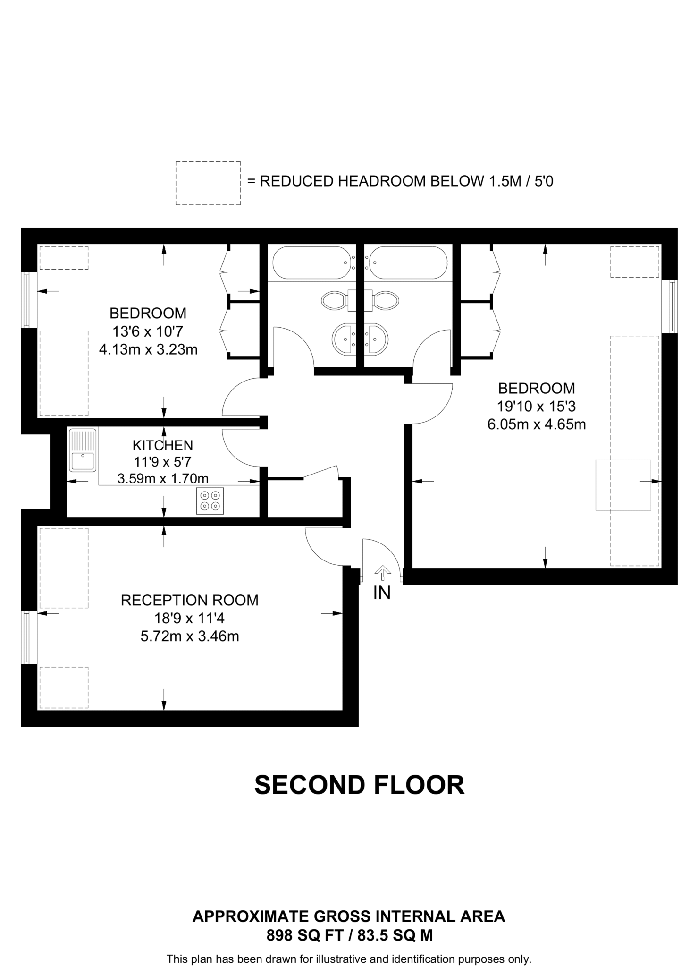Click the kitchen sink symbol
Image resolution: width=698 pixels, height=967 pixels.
point(83,450)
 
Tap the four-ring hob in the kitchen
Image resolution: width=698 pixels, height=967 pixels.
point(210,501)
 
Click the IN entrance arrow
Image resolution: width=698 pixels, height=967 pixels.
point(382,573)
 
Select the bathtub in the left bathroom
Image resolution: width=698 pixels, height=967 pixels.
point(311,263)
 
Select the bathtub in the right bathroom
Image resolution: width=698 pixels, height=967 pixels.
point(408,263)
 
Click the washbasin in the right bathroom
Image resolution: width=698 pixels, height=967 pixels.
point(377,339)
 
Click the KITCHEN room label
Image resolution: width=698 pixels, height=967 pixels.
point(163,445)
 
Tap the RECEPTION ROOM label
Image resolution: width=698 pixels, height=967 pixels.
point(190,600)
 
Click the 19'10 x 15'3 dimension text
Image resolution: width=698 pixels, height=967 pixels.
point(537,406)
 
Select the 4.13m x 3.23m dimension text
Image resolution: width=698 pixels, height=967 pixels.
point(148,350)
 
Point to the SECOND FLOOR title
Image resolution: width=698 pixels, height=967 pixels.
point(360,785)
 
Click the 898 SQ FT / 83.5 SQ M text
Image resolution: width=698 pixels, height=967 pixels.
point(349,935)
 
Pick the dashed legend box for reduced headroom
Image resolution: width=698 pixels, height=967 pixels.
point(208,183)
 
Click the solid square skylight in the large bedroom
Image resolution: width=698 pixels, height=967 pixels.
point(623,485)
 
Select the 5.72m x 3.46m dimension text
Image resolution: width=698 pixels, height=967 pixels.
point(190,636)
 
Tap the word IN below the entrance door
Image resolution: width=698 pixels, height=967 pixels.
point(382,593)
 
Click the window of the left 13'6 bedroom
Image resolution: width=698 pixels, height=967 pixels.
point(27,300)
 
